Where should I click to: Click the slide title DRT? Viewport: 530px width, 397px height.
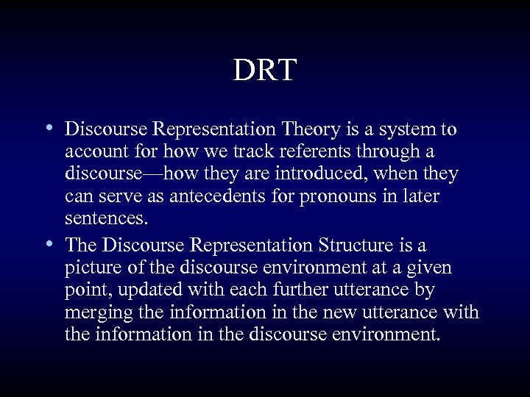click(265, 71)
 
